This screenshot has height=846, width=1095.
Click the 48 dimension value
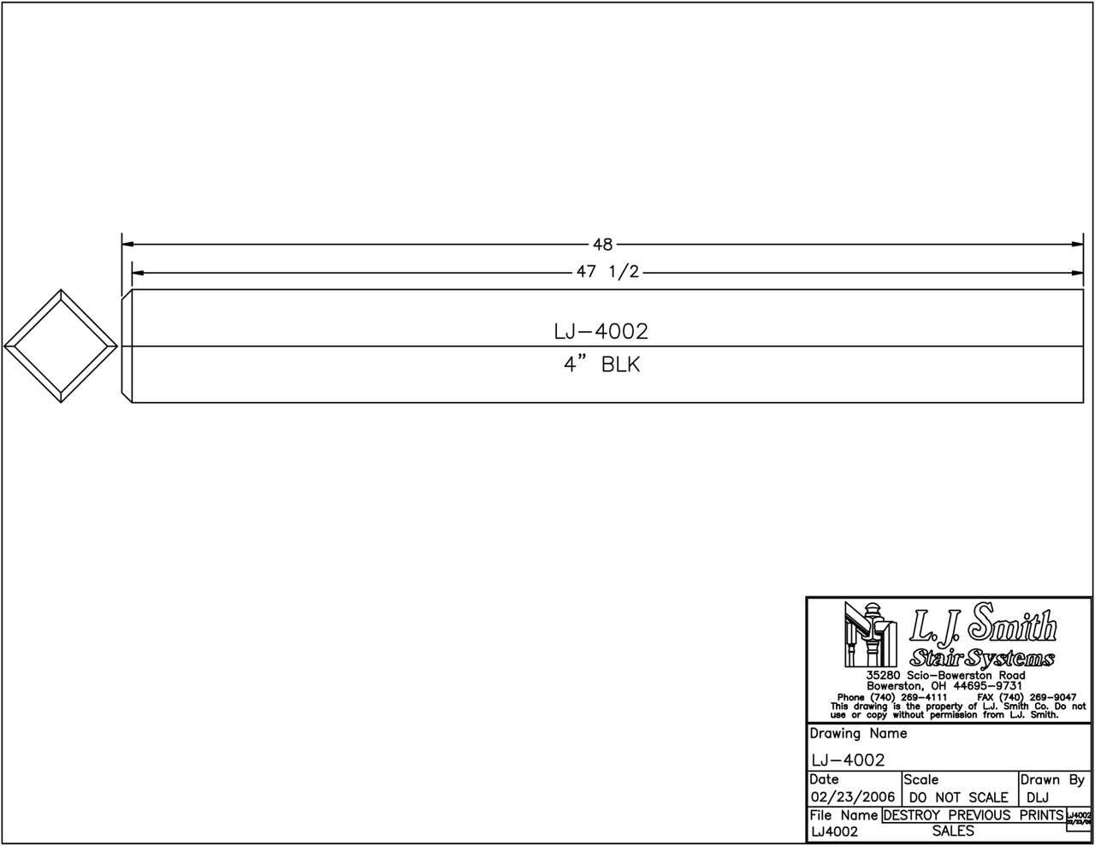pos(602,245)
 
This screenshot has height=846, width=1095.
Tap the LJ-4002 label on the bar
pos(601,331)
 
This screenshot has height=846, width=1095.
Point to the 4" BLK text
pos(601,364)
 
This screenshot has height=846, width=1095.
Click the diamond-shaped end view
pos(60,346)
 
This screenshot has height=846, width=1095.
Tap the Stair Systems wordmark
pos(981,658)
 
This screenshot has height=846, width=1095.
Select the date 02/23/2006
pos(852,797)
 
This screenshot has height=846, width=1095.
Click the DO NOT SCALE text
pos(959,797)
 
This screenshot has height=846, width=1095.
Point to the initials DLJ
pos(1038,797)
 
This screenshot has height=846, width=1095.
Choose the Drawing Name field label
pos(858,734)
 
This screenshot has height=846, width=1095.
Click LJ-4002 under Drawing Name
pos(848,760)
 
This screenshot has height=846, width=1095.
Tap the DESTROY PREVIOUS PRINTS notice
pos(973,815)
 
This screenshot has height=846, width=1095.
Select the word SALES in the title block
pos(953,831)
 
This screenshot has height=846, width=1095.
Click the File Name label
pos(843,815)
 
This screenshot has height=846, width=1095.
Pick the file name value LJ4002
pos(834,831)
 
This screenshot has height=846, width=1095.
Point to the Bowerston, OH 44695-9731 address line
pos(944,686)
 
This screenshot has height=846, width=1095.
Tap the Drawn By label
pos(1052,780)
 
